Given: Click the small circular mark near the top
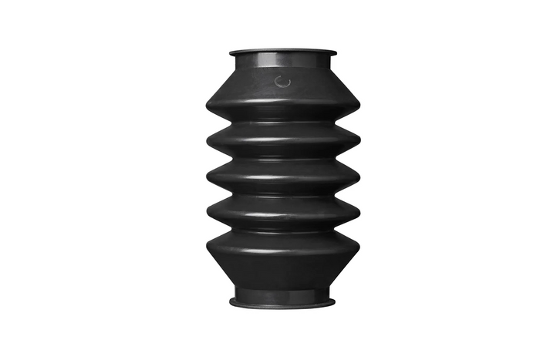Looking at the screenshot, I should [282, 81].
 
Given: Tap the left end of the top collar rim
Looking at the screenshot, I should [230, 53].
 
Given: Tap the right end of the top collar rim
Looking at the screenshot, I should [336, 53].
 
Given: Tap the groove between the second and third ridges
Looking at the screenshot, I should [282, 160].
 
